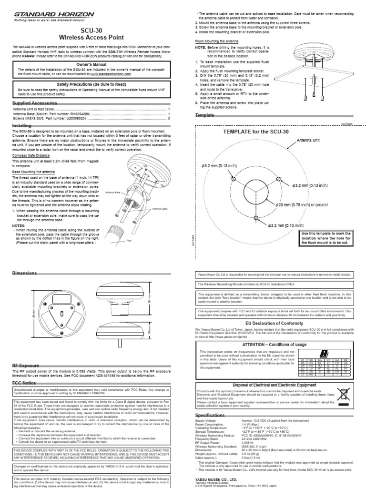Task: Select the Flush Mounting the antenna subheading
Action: click(x=218, y=41)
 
